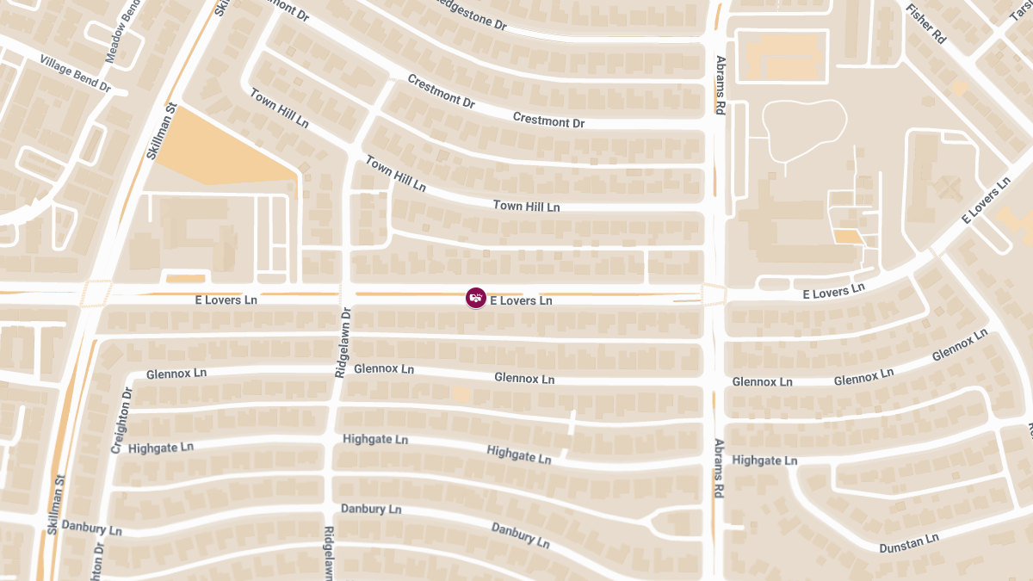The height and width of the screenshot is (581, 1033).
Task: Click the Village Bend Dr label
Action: [x=76, y=74]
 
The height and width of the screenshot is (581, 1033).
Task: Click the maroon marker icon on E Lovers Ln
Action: [x=475, y=298]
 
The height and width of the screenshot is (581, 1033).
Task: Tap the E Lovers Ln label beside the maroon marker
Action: [x=521, y=300]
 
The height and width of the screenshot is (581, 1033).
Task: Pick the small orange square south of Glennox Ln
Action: [x=461, y=394]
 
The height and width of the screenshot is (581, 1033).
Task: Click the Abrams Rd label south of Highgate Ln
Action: [x=718, y=468]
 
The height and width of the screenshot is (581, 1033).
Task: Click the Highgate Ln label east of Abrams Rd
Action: [x=764, y=460]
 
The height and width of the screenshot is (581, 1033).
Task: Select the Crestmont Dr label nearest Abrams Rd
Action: [x=548, y=120]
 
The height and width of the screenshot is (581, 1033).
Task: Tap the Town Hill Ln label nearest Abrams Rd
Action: [x=526, y=207]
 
